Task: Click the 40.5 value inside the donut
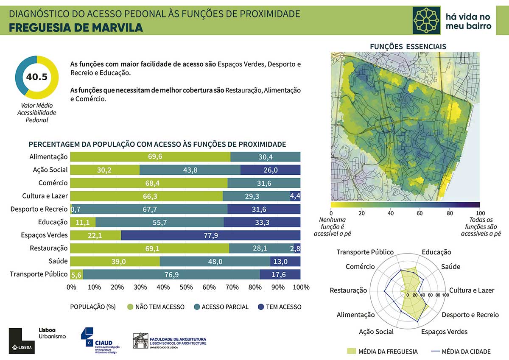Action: [36, 77]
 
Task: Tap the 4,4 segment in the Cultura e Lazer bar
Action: [296, 196]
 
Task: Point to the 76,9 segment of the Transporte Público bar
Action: [171, 275]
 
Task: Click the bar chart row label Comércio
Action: [53, 183]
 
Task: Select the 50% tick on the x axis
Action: [186, 287]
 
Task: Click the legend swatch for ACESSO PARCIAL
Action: [197, 307]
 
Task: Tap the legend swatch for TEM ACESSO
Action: [261, 307]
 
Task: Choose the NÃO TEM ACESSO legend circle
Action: [130, 307]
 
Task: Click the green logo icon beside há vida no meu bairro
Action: [427, 20]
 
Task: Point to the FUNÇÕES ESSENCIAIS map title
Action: [408, 46]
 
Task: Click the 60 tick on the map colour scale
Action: [420, 213]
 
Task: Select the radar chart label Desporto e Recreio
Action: [470, 315]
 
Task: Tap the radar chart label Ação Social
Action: [376, 332]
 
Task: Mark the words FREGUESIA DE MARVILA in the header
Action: [76, 28]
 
